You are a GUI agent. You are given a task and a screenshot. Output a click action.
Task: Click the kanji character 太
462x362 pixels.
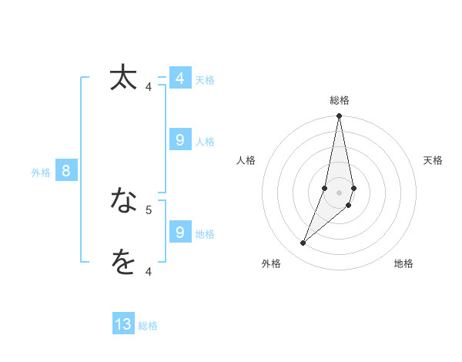point(123,78)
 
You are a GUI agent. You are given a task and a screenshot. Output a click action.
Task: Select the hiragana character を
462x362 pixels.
point(123,262)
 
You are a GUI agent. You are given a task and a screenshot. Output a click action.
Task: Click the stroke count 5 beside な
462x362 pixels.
point(149,209)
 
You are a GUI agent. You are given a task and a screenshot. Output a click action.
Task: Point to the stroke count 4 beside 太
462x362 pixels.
point(149,87)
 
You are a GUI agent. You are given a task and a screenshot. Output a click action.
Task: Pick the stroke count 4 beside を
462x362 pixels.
point(149,271)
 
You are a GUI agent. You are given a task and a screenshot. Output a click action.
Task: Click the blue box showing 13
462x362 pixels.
point(123,324)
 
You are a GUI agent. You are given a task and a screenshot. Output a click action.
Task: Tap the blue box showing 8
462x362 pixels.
point(66,171)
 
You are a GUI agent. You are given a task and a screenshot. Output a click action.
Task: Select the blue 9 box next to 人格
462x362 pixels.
point(179,140)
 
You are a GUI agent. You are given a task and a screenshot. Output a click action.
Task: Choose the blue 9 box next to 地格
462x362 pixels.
point(179,233)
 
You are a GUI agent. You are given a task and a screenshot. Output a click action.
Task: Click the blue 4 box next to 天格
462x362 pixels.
point(179,79)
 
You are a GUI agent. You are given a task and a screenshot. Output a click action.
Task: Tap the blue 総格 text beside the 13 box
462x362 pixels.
point(148,326)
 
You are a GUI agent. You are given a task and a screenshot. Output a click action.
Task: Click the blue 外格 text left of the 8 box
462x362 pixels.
point(41,173)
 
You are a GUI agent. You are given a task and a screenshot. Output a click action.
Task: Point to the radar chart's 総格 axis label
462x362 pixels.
point(340,100)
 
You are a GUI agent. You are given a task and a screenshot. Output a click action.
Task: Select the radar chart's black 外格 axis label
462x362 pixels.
point(271,263)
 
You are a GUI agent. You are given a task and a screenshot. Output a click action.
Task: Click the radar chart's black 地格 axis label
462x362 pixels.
point(403,263)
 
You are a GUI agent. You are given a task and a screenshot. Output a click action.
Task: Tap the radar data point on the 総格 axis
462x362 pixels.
point(339,116)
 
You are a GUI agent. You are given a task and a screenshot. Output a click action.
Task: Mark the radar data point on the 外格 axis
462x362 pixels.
point(303,243)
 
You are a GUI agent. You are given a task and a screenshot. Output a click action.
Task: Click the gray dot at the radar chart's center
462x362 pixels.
point(339,192)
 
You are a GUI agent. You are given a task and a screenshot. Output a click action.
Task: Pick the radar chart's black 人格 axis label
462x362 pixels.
point(246,160)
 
